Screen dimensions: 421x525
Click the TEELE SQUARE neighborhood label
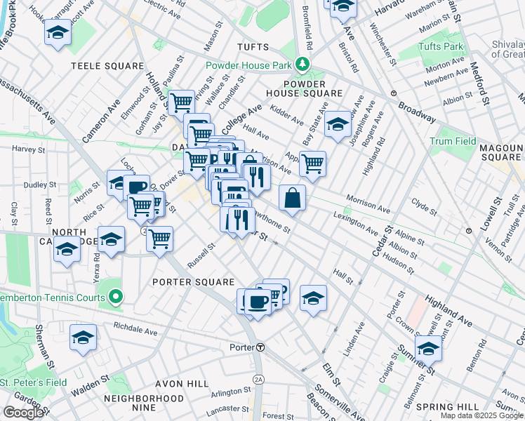click(x=107, y=66)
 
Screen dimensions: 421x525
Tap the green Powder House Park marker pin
click(x=302, y=65)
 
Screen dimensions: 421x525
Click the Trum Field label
click(x=452, y=142)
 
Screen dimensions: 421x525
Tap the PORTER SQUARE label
click(x=193, y=282)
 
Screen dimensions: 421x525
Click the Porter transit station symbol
click(x=260, y=347)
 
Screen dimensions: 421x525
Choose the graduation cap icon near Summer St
click(x=428, y=347)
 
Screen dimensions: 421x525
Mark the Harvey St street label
click(x=28, y=149)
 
